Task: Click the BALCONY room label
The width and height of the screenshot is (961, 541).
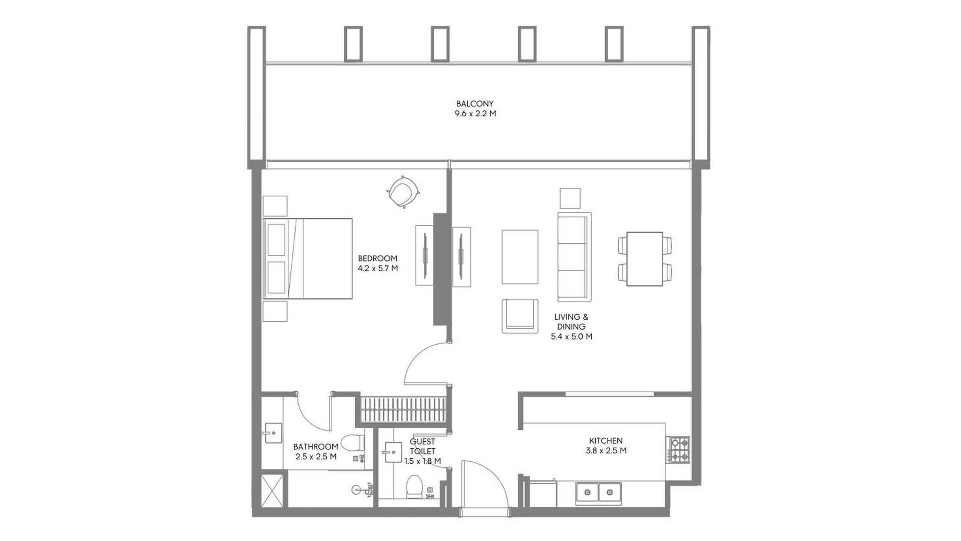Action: pyautogui.click(x=475, y=104)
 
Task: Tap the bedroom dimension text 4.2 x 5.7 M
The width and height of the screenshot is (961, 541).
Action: pyautogui.click(x=378, y=268)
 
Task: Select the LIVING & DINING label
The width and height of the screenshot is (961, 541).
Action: pyautogui.click(x=571, y=322)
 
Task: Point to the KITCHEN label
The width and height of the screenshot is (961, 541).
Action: pyautogui.click(x=606, y=441)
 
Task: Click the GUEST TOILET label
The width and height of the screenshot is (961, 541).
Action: pyautogui.click(x=422, y=446)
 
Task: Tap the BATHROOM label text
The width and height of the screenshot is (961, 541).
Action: pyautogui.click(x=316, y=447)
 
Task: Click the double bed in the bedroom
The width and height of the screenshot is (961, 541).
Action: pyautogui.click(x=308, y=258)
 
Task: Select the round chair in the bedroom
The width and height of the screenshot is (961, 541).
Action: pyautogui.click(x=403, y=192)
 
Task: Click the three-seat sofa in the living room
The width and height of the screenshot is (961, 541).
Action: pyautogui.click(x=574, y=257)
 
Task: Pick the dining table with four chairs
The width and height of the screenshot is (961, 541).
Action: pyautogui.click(x=645, y=259)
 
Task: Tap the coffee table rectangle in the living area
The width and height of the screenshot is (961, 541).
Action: pyautogui.click(x=520, y=257)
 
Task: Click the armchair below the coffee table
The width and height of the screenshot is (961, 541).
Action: pyautogui.click(x=520, y=316)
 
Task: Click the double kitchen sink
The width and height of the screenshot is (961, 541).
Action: pyautogui.click(x=599, y=493)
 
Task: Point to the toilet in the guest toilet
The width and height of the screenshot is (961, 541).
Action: pyautogui.click(x=414, y=486)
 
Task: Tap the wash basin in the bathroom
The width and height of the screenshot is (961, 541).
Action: pyautogui.click(x=272, y=433)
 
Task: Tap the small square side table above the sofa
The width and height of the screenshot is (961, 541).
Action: pyautogui.click(x=570, y=198)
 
